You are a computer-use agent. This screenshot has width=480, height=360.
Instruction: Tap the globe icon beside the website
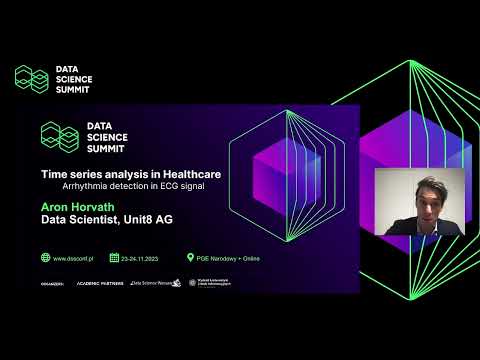[x=45, y=257]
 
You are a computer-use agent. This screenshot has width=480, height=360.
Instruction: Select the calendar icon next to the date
[x=114, y=257]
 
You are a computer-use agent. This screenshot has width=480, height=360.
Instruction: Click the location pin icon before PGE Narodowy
[x=190, y=257]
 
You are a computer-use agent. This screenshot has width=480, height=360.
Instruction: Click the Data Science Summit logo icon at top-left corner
[x=31, y=78]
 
